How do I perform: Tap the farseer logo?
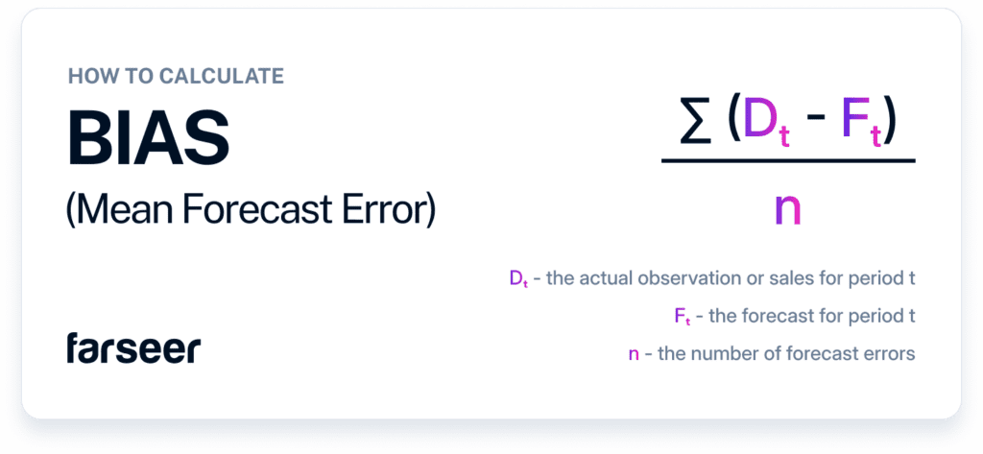tap(133, 348)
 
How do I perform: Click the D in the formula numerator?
tap(756, 124)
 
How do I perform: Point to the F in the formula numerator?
tap(852, 124)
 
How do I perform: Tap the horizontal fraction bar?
tap(788, 161)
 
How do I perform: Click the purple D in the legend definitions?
tap(516, 278)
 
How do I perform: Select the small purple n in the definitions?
tap(634, 353)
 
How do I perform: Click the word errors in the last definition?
tap(890, 353)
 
